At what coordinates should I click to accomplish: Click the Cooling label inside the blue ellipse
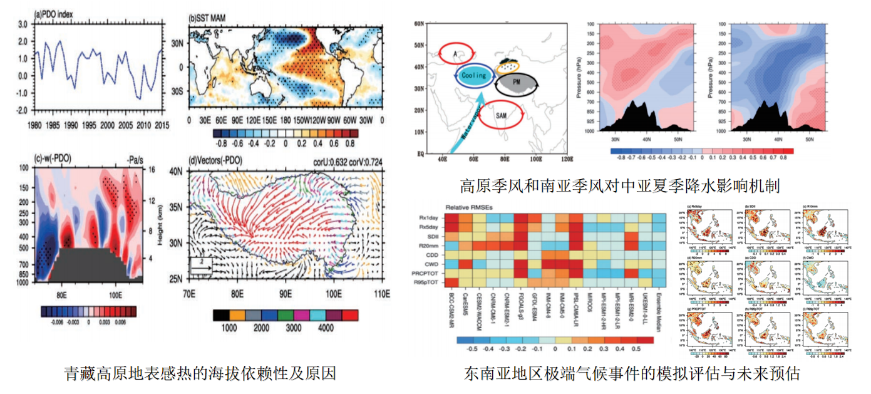[x=473, y=75]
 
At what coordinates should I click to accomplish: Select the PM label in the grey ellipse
[x=517, y=82]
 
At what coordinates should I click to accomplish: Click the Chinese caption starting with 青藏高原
[x=200, y=374]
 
